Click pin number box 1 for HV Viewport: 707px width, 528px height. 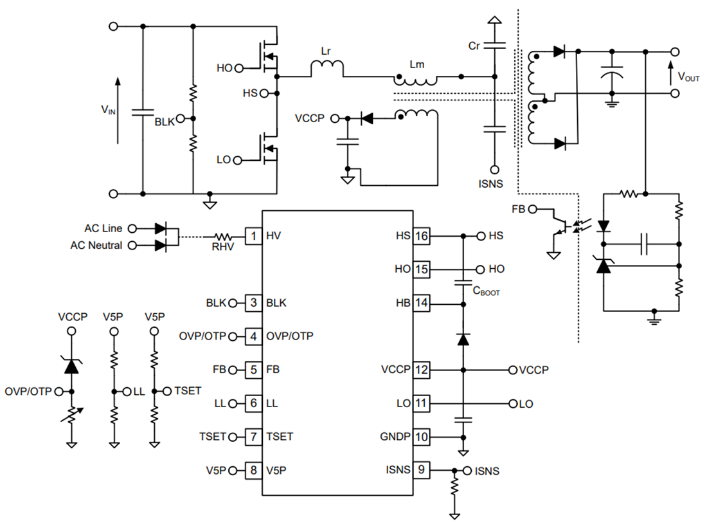tap(253, 236)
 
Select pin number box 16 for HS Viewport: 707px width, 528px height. tap(421, 236)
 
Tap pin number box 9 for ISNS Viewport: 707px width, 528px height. tap(421, 470)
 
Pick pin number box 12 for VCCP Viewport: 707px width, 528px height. tap(421, 370)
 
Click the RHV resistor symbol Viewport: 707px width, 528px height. tap(225, 236)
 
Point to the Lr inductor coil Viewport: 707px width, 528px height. tap(327, 67)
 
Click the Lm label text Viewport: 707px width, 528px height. tap(416, 65)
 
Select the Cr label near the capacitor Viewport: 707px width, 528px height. tap(474, 46)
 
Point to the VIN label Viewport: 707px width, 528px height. tap(108, 110)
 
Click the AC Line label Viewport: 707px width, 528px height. tap(103, 228)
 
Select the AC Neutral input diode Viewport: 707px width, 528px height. tap(161, 245)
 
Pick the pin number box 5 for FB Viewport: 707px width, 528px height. tap(253, 370)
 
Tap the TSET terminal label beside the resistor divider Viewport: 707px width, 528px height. tap(187, 390)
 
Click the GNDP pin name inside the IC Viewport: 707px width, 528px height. tap(395, 437)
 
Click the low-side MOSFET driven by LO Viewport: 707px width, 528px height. tap(269, 149)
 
